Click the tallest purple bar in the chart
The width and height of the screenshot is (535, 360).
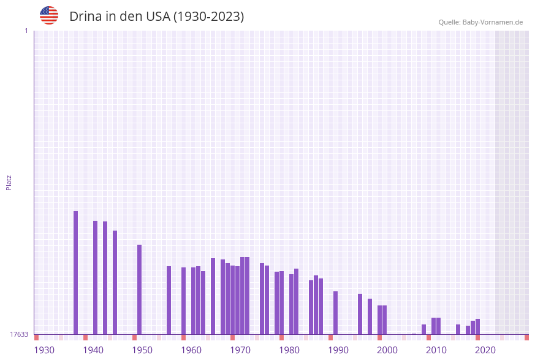click(x=76, y=272)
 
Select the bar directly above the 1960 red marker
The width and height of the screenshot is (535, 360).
click(x=183, y=301)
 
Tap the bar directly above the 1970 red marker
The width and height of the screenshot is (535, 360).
click(x=232, y=300)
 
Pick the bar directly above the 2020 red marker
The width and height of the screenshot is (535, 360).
click(x=477, y=326)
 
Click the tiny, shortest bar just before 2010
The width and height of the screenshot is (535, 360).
click(x=414, y=334)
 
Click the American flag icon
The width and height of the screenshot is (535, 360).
click(x=49, y=15)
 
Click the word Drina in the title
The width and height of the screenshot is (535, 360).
click(x=85, y=17)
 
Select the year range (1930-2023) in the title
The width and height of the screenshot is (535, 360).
click(x=208, y=17)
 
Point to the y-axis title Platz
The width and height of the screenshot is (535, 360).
click(x=9, y=182)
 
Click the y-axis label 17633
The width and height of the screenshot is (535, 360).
click(x=19, y=334)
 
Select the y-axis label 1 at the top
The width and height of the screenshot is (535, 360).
click(x=26, y=31)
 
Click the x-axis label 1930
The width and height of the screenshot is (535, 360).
click(x=44, y=350)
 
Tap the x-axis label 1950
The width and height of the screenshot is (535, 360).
click(x=142, y=350)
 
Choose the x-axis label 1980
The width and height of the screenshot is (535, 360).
click(x=289, y=350)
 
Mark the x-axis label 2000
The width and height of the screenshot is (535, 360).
click(x=387, y=350)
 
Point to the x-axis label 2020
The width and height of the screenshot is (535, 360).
click(x=485, y=350)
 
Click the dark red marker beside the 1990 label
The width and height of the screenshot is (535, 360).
click(x=330, y=337)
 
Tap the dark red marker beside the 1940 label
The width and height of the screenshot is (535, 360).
click(x=85, y=337)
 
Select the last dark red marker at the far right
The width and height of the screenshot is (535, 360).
click(x=526, y=337)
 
